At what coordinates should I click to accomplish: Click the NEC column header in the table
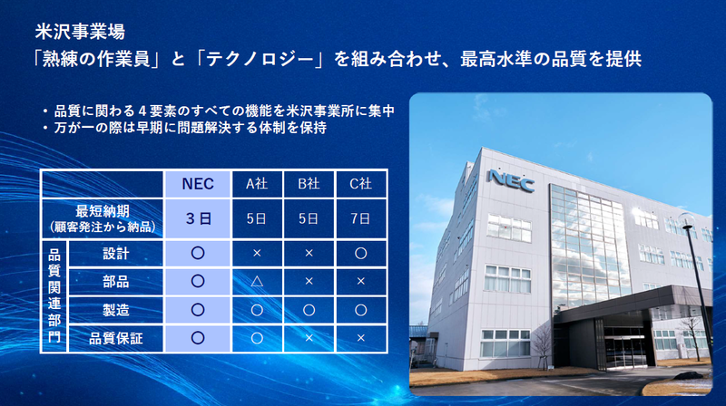(x=198, y=184)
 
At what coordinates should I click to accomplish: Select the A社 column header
(x=257, y=184)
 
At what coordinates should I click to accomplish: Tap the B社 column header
(x=309, y=184)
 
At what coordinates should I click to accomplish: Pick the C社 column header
(x=360, y=184)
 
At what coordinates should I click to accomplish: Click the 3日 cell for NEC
(x=198, y=218)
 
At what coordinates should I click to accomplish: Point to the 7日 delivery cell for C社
(x=360, y=218)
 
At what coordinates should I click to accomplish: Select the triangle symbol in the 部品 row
(x=257, y=281)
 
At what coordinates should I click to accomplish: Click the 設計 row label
(x=115, y=253)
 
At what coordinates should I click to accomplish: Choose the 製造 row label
(x=115, y=310)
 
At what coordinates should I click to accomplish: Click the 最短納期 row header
(x=102, y=218)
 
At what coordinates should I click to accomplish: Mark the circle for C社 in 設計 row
(x=360, y=253)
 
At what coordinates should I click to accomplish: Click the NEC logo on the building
(x=511, y=179)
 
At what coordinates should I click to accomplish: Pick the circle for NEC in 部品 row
(x=198, y=281)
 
